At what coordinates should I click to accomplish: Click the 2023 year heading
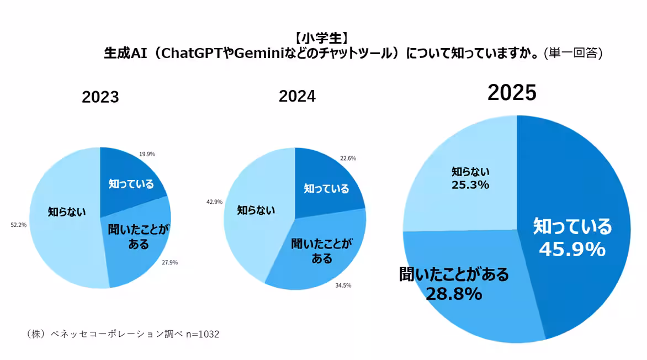coord(100,97)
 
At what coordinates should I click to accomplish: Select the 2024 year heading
coord(297,96)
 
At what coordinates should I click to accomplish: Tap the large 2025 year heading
coord(512,93)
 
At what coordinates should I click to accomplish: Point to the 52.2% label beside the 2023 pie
coord(19,225)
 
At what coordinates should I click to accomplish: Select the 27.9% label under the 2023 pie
coord(169,262)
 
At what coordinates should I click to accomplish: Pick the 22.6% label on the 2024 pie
coord(348,158)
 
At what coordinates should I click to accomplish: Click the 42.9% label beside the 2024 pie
coord(214,202)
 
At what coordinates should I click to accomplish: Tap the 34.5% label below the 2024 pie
coord(343,285)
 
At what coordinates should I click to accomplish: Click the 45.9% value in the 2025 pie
coord(572,250)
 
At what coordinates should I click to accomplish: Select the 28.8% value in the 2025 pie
coord(453,294)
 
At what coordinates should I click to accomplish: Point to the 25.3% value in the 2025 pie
coord(470,184)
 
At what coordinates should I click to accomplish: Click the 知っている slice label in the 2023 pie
coord(131,184)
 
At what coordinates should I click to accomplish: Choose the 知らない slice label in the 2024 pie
coord(256,210)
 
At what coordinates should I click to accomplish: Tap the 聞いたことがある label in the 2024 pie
coord(320,250)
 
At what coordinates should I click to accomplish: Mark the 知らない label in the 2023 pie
coord(67,211)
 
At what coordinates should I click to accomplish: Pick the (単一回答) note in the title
coord(572,53)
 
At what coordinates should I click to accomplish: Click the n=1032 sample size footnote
coord(202,334)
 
